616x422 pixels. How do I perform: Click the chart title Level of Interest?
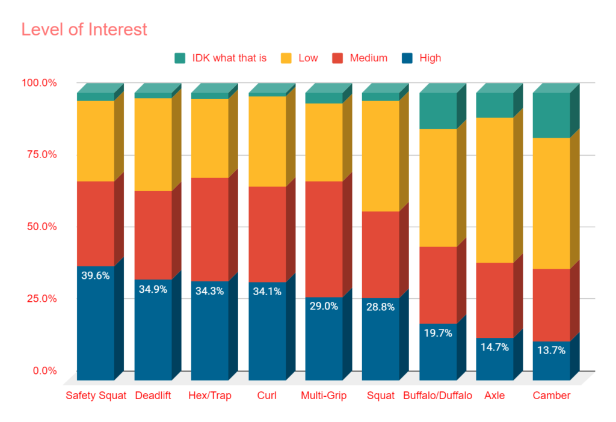(84, 29)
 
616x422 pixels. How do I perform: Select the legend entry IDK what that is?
(220, 58)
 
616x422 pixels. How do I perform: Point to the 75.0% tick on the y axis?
(39, 154)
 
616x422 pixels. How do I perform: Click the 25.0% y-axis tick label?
(39, 299)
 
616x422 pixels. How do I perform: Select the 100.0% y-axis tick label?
(37, 82)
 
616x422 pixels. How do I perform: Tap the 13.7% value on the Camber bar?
(551, 350)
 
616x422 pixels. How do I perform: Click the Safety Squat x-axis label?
(96, 396)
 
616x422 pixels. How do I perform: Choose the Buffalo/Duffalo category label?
(437, 396)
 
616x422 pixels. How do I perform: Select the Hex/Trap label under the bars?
(209, 396)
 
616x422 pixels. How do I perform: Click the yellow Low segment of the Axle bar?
(494, 190)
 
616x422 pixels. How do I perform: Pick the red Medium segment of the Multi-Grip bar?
(324, 239)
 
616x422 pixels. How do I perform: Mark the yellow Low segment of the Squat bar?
(380, 156)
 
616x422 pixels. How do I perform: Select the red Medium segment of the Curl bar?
(266, 234)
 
